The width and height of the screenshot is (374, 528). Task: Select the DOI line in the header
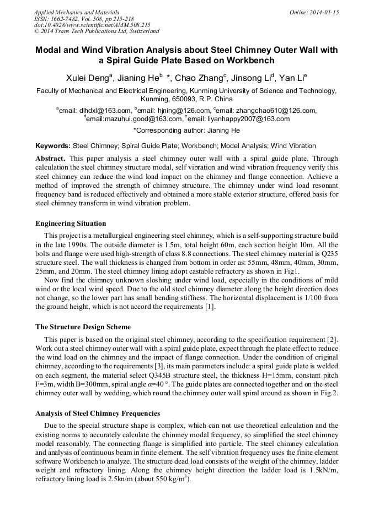click(92, 25)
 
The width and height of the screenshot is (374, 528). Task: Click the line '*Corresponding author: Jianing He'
click(186, 131)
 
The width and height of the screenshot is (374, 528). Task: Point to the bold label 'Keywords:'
click(53, 146)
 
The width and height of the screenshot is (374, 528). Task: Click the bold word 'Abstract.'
click(50, 158)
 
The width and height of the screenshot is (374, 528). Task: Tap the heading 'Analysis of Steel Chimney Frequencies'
click(98, 413)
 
